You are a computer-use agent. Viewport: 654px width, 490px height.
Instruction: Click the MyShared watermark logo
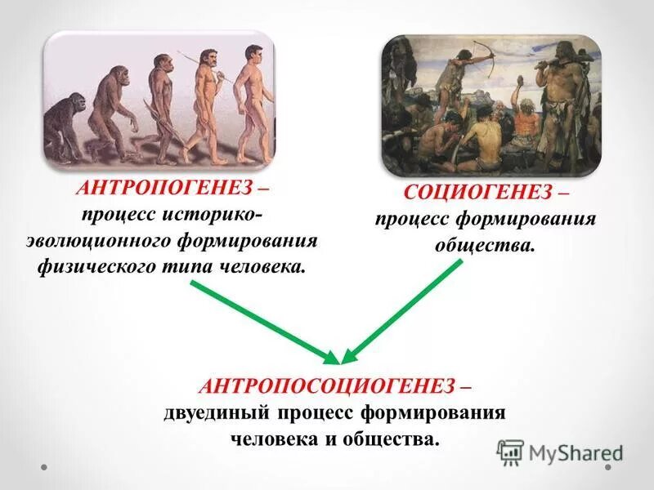click(x=561, y=452)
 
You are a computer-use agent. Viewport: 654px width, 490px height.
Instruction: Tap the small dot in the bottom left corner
click(x=45, y=469)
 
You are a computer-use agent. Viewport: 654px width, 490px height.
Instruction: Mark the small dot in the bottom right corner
click(x=609, y=469)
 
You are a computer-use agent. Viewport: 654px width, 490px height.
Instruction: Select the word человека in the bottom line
click(x=267, y=439)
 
